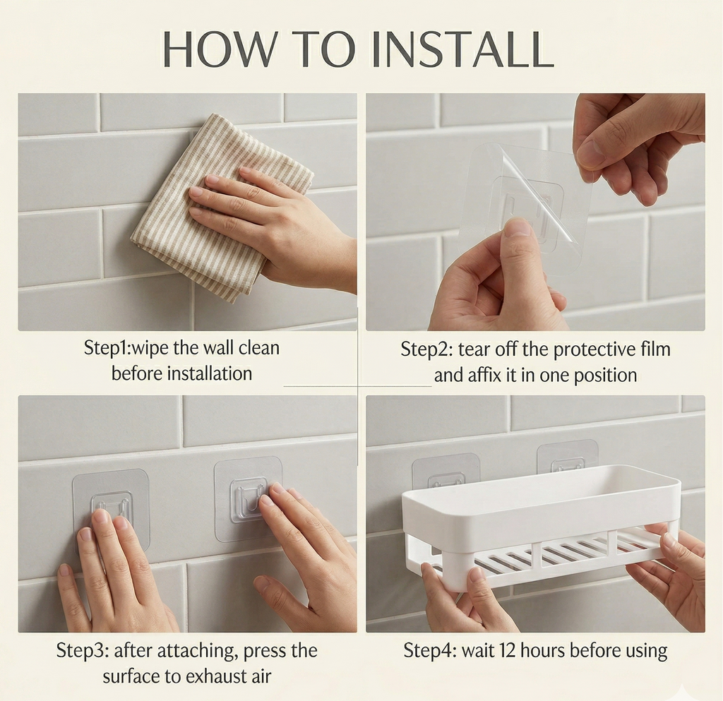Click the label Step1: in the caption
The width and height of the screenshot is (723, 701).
click(107, 348)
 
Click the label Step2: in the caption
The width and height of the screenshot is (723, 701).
click(426, 349)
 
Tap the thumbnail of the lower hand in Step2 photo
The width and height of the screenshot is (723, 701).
click(518, 227)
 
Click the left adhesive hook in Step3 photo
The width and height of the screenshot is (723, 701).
click(112, 503)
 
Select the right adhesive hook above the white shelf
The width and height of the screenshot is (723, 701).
click(567, 457)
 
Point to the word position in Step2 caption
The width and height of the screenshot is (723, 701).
click(605, 375)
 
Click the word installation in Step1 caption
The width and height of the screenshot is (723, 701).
click(210, 373)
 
